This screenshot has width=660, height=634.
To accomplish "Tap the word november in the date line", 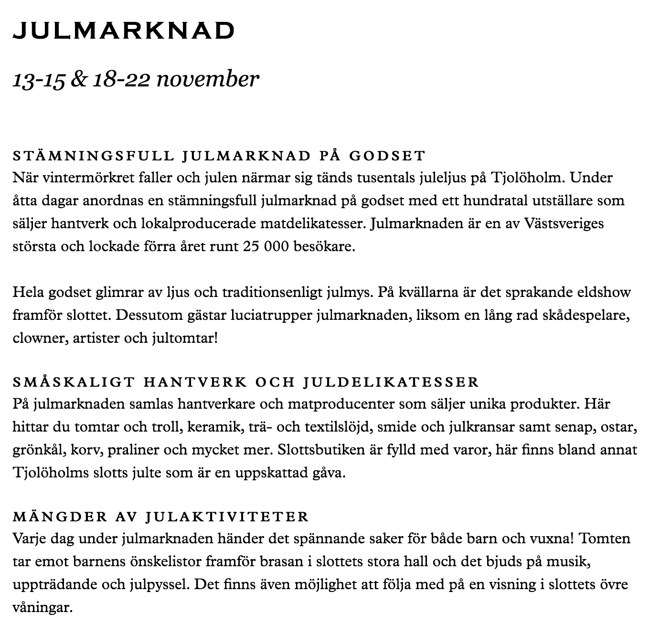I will click(x=208, y=79).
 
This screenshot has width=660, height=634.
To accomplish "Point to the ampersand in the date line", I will click(x=77, y=79).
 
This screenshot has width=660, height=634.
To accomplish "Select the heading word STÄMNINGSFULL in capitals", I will click(x=94, y=156).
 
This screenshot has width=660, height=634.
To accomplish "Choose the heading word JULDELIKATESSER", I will click(x=391, y=382).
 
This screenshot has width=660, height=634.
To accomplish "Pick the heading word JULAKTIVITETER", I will click(x=227, y=517).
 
